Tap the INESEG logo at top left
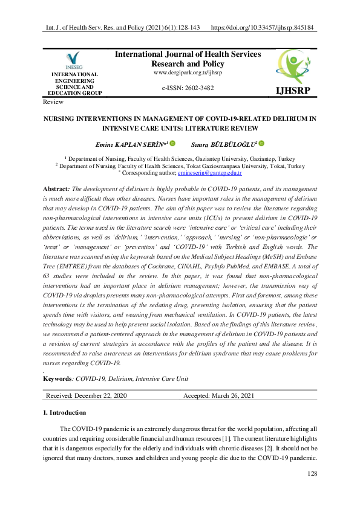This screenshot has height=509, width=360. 74,60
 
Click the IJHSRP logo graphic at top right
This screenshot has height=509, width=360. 293,66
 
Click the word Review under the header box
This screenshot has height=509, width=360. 53,102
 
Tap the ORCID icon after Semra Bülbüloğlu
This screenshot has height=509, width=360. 261,143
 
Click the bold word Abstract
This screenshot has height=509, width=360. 55,189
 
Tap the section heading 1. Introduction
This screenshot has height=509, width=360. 64,413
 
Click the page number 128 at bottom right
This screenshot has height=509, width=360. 312,473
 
